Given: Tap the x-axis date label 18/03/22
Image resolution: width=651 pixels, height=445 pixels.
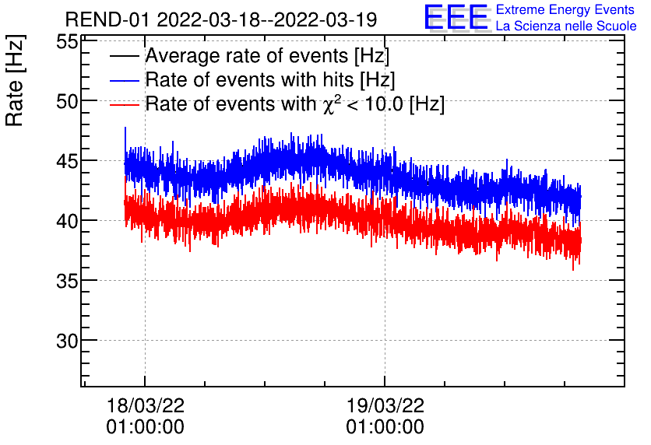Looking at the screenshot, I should click(x=146, y=406).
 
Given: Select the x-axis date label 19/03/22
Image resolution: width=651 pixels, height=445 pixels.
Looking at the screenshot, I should click(x=385, y=406).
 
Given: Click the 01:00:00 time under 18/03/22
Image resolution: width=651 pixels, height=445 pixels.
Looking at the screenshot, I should click(x=146, y=427).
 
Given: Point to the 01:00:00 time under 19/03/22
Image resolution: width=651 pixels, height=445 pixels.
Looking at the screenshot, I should click(x=385, y=427).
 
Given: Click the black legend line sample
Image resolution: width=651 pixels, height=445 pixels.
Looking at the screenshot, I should click(x=125, y=57).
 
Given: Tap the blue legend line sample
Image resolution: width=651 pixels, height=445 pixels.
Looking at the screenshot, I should click(x=125, y=81).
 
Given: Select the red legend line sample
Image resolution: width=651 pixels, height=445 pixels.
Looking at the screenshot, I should click(x=125, y=105).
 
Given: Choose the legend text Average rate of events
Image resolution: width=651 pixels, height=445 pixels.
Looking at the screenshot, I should click(x=266, y=57).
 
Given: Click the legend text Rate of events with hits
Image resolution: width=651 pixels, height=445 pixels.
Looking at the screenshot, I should click(x=269, y=81).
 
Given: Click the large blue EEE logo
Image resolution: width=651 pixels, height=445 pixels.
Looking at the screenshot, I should click(x=456, y=17).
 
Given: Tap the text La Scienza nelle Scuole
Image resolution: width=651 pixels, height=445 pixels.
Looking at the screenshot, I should click(x=566, y=26).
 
